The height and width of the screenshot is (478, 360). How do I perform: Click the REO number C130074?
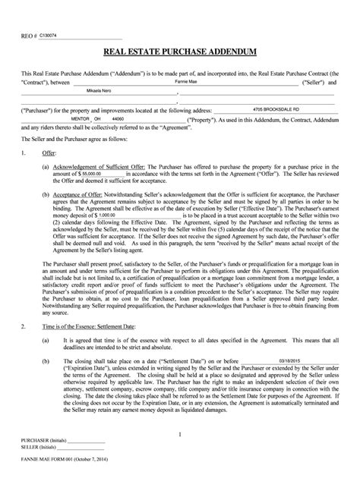(38, 35)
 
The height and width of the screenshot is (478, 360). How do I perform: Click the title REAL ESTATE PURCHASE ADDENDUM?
(179, 52)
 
